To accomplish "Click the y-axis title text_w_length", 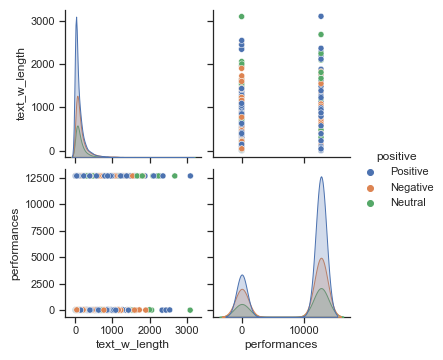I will tap(21, 85).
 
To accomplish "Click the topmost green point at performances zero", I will tap(243, 16).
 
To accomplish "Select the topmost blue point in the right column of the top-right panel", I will tap(321, 16).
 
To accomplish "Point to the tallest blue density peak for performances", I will tap(321, 177).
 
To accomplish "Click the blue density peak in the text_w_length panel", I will tap(77, 17).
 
